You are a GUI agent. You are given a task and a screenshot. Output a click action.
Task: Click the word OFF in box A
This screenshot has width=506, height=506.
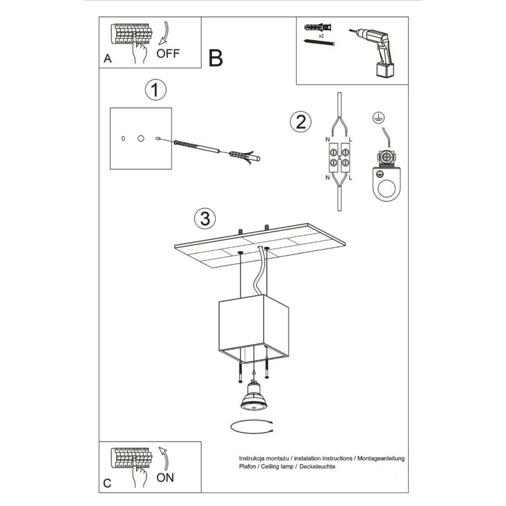pos(168,53)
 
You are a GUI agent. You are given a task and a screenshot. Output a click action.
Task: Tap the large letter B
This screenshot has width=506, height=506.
pos(215,59)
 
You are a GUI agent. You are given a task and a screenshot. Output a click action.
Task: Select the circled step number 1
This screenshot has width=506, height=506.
pos(155,90)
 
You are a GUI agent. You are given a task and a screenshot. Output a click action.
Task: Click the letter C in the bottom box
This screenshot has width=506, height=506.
pos(108,484)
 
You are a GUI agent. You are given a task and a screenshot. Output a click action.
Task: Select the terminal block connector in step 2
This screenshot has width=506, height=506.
pos(339,158)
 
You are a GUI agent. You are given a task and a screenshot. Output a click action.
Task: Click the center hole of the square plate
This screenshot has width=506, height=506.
pos(140,137)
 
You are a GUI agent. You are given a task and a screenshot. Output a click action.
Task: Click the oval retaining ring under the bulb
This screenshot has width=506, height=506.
pos(252,426)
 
